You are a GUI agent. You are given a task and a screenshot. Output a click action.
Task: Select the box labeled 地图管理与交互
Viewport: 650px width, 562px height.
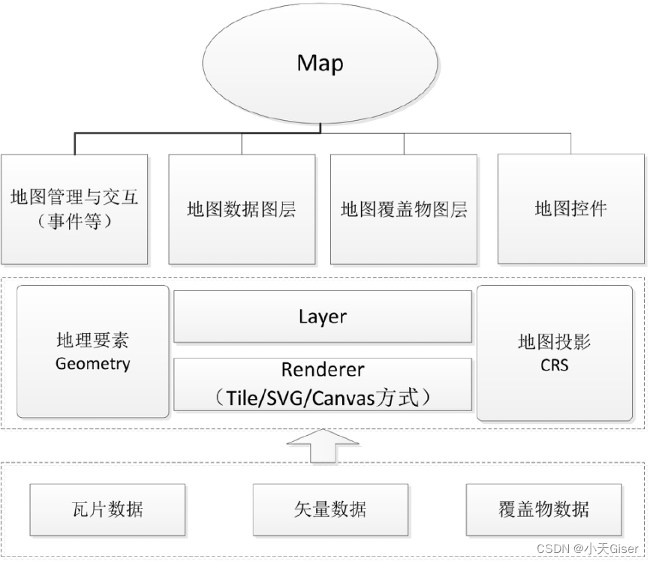(x=74, y=209)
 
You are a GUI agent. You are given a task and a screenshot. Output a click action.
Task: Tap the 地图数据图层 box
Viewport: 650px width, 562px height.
(x=241, y=209)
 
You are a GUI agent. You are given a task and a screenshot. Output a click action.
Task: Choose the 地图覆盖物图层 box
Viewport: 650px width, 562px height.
(x=404, y=209)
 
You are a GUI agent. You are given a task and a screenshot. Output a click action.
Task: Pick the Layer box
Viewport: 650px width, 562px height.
(x=323, y=317)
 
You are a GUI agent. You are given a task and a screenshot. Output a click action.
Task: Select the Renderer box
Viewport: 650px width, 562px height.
(x=323, y=384)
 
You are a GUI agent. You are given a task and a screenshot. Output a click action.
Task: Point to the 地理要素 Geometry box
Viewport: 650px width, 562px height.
(x=92, y=351)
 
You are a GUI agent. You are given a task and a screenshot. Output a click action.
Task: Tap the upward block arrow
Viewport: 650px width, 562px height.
(x=323, y=447)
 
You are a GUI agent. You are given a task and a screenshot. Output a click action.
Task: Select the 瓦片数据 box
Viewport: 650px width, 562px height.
(x=107, y=509)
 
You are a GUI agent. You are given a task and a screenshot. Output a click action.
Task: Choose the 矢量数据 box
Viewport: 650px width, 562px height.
(x=330, y=509)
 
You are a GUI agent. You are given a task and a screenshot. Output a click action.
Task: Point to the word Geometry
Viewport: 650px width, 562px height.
(x=92, y=365)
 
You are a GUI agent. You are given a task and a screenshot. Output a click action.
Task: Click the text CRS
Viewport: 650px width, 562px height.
(x=554, y=366)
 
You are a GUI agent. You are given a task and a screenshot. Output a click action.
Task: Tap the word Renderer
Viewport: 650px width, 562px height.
(x=323, y=370)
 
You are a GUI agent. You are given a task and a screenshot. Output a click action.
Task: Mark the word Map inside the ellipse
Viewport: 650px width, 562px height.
(x=320, y=63)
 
